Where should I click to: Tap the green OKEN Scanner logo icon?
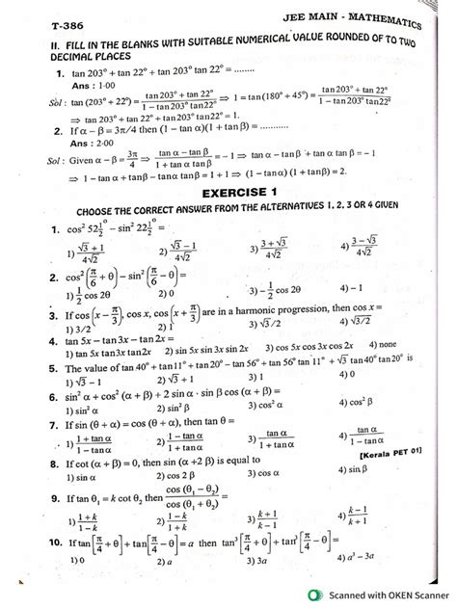(306, 595)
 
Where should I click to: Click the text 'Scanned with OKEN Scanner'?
(383, 595)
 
